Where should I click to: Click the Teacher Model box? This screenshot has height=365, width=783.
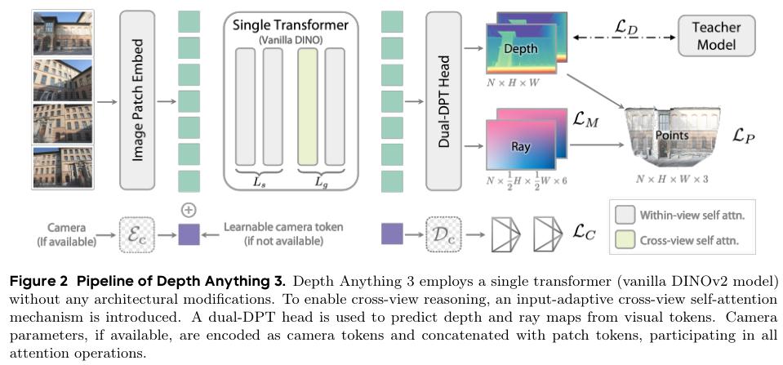[716, 35]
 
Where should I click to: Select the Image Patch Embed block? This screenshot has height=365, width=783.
[137, 100]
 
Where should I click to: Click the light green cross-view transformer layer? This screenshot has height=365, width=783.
[307, 106]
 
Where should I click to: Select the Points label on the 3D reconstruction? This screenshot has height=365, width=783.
[672, 136]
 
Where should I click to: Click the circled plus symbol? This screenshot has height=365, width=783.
[189, 211]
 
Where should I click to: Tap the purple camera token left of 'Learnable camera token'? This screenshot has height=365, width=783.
[189, 234]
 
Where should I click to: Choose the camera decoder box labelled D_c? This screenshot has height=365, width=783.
[443, 234]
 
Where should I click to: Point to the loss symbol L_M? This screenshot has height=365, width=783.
[585, 120]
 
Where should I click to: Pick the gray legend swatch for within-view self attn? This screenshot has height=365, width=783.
[625, 216]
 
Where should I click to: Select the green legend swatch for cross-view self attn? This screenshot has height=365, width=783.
[625, 240]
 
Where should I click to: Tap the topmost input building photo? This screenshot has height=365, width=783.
[63, 33]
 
